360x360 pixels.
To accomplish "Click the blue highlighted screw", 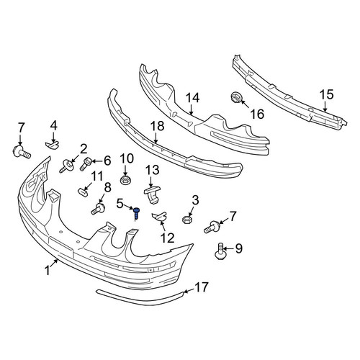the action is coord(136,213).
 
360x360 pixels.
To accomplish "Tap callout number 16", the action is coord(257,114).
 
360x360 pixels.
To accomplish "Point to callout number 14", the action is coord(192,98).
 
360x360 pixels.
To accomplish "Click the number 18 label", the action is coord(157,126).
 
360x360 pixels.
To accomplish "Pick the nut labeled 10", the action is coord(125,180).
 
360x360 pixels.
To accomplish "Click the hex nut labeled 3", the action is coord(186,220).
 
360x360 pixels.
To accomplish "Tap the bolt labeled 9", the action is coord(220,251).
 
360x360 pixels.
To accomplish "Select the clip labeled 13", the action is coord(152,194).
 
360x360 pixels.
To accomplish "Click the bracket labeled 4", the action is coord(52,145).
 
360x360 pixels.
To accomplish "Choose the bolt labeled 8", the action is coord(98,209).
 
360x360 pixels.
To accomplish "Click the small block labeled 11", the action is coord(83,192).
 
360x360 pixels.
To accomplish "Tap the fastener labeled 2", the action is coord(66,166).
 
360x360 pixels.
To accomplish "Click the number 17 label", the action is coord(201,287).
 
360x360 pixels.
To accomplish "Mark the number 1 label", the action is coord(48,270).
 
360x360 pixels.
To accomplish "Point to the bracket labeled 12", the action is coord(159,216).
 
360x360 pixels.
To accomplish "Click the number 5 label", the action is coord(120,204).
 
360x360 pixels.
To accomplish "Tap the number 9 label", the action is coord(238,248).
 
